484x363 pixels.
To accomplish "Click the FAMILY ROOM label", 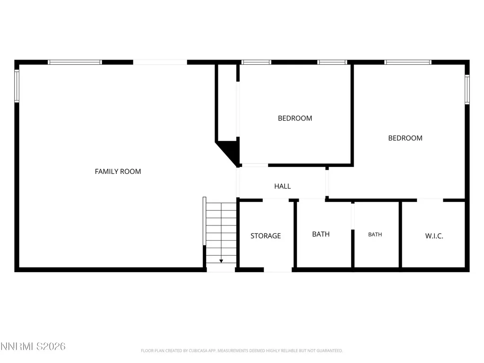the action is pyautogui.click(x=118, y=171).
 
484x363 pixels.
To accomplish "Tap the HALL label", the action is pyautogui.click(x=283, y=186).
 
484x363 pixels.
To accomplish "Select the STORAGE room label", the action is pyautogui.click(x=266, y=236).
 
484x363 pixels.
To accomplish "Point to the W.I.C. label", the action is pyautogui.click(x=434, y=236).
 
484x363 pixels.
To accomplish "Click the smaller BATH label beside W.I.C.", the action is pyautogui.click(x=375, y=234).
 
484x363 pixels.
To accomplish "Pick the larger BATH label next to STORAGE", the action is pyautogui.click(x=321, y=234).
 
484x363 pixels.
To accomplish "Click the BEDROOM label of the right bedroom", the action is pyautogui.click(x=405, y=138).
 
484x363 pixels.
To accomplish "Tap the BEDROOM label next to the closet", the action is pyautogui.click(x=295, y=118).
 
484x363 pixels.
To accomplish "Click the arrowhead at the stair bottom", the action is pyautogui.click(x=221, y=261).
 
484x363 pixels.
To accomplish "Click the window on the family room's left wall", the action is pyautogui.click(x=17, y=86).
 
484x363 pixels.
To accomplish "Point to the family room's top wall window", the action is pyautogui.click(x=75, y=62).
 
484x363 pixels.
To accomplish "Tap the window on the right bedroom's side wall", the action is pyautogui.click(x=467, y=89).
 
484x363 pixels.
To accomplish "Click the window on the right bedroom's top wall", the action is pyautogui.click(x=408, y=62).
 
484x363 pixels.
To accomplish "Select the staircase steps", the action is pyautogui.click(x=221, y=233).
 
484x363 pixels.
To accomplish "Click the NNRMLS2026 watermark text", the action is pyautogui.click(x=33, y=346).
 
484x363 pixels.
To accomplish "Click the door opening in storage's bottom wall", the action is pyautogui.click(x=278, y=270).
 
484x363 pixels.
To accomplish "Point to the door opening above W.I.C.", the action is pyautogui.click(x=430, y=200).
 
